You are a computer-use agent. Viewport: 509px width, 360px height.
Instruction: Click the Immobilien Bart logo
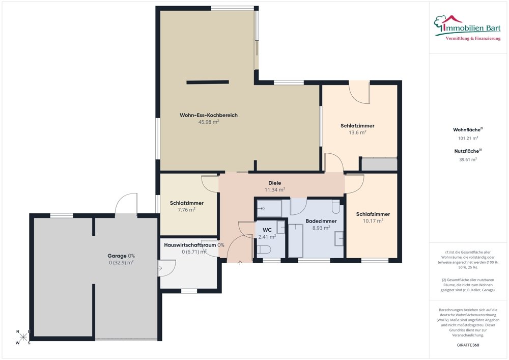[467, 28]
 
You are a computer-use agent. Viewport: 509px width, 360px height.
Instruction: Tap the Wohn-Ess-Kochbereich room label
[209, 115]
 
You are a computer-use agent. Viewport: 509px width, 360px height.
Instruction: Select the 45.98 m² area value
[209, 122]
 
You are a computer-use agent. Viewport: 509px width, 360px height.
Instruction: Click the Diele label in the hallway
[275, 183]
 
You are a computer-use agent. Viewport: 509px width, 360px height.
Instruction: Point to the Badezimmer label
[321, 221]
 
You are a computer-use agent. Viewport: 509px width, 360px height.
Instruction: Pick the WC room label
[267, 230]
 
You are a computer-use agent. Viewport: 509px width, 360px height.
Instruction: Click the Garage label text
[117, 256]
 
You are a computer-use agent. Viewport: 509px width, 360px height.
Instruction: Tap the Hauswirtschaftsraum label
[190, 245]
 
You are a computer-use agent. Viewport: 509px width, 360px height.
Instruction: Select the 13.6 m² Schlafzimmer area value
[357, 132]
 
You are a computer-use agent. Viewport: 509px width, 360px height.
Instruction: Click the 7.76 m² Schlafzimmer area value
[187, 210]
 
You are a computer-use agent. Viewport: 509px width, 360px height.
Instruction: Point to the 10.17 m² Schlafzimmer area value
[373, 221]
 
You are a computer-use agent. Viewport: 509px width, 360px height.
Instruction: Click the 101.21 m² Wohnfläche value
[468, 139]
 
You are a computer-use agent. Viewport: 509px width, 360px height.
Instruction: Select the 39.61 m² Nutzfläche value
[468, 160]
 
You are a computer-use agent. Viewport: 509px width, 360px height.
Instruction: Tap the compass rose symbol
[23, 337]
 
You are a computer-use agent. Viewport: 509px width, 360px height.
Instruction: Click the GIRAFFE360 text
[468, 345]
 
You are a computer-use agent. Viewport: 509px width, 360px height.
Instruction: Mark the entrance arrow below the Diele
[240, 263]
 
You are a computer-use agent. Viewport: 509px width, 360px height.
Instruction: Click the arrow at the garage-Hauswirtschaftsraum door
[160, 268]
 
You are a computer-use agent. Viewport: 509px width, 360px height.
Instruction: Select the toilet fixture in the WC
[264, 250]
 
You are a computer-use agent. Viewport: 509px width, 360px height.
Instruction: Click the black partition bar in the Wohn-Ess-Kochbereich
[208, 82]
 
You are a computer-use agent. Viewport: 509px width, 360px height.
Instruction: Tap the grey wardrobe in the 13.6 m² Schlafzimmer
[380, 164]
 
